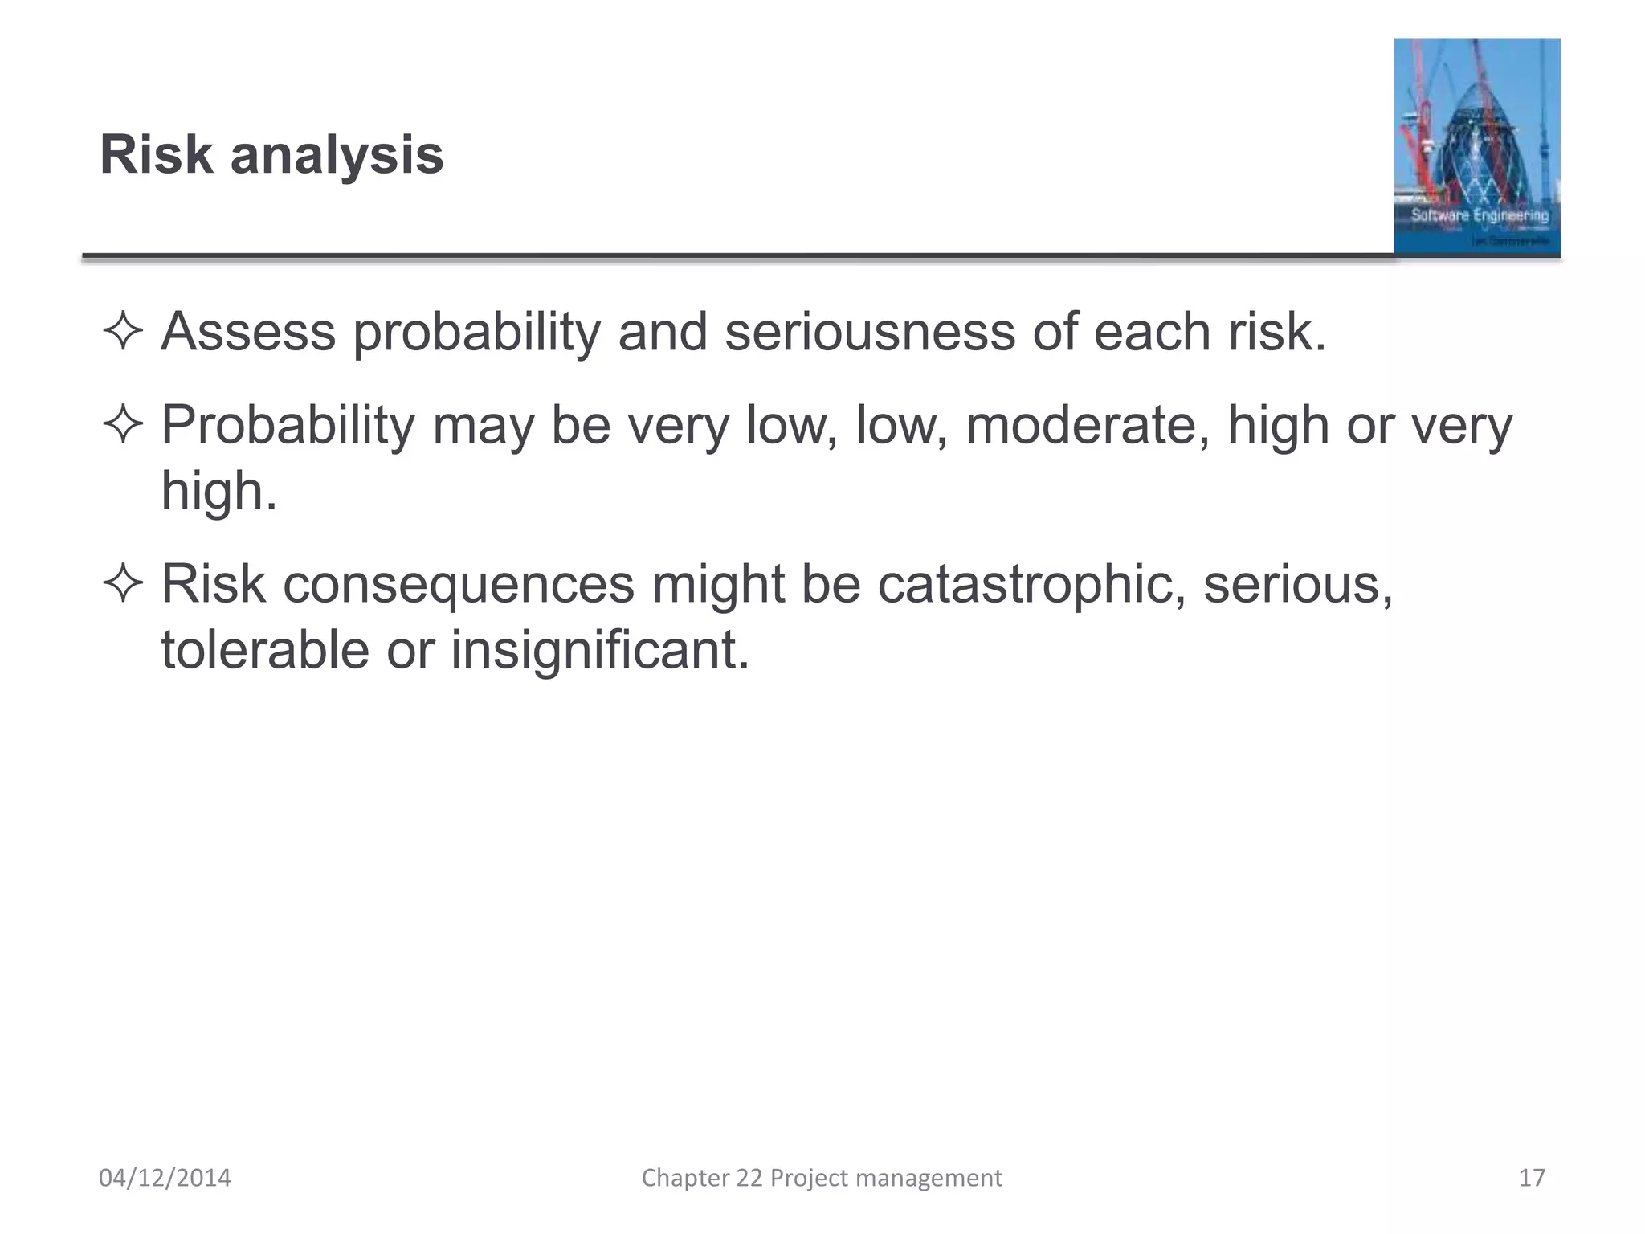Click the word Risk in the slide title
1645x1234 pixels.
click(x=156, y=155)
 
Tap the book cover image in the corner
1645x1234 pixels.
click(x=1476, y=146)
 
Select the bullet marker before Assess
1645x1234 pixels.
click(x=122, y=332)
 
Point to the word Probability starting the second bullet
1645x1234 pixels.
click(x=288, y=426)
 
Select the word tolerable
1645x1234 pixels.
click(x=264, y=649)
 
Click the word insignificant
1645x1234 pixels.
click(x=599, y=649)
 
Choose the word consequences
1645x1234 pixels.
click(x=458, y=584)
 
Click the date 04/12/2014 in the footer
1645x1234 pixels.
click(x=165, y=1178)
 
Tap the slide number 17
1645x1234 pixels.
click(x=1532, y=1178)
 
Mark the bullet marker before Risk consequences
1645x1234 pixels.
click(x=122, y=584)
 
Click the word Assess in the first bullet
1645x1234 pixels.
click(x=248, y=332)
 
